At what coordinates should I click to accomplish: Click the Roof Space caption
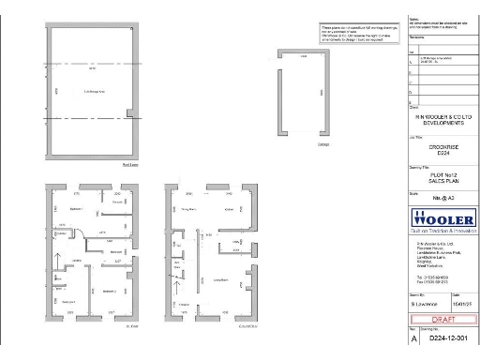pyautogui.click(x=130, y=164)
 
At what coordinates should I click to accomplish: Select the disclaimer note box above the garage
pyautogui.click(x=352, y=34)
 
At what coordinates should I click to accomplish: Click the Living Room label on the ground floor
pyautogui.click(x=222, y=279)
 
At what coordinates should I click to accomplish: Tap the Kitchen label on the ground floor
pyautogui.click(x=228, y=208)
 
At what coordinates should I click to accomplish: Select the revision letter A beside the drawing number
pyautogui.click(x=413, y=343)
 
